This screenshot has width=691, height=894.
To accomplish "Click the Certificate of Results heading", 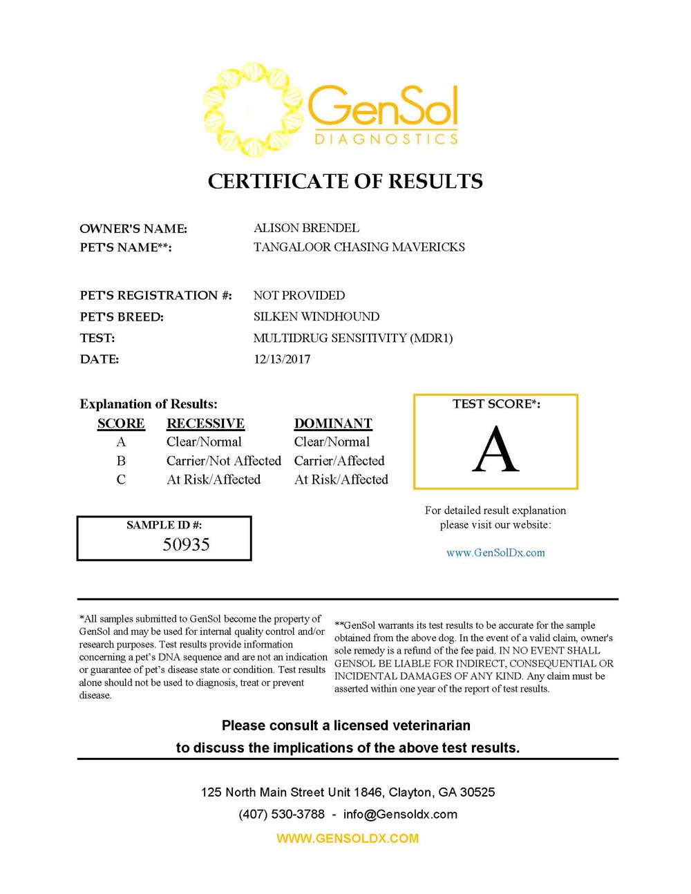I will tap(345, 182).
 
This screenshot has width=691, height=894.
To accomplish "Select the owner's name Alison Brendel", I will tap(306, 228).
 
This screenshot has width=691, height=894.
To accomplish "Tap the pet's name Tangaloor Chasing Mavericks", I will tap(359, 247).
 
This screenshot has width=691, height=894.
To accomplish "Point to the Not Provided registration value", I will tap(299, 296).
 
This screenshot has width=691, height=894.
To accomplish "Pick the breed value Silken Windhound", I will tap(316, 317).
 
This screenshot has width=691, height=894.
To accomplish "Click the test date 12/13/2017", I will tap(282, 359).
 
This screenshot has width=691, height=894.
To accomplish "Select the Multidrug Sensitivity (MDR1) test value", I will tap(352, 339).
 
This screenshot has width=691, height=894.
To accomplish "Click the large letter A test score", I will tap(495, 450).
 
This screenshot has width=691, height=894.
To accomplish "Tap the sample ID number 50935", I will tap(186, 544).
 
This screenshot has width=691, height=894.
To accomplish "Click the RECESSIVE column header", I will tap(205, 424).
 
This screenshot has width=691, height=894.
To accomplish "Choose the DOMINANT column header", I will tap(333, 424).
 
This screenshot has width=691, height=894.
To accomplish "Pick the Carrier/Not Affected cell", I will tap(223, 461).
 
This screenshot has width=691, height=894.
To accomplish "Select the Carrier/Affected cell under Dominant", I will tap(339, 461).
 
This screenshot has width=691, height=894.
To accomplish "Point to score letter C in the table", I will tap(121, 479).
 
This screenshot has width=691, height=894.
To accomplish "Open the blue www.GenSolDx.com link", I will tap(495, 553).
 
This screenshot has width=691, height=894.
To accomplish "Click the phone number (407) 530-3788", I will tap(281, 814).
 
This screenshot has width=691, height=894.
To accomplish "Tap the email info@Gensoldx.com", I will tap(400, 814).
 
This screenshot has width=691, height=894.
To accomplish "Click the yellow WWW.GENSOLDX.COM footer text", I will tap(348, 839).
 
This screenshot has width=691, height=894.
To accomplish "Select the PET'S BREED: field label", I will tap(122, 317).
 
